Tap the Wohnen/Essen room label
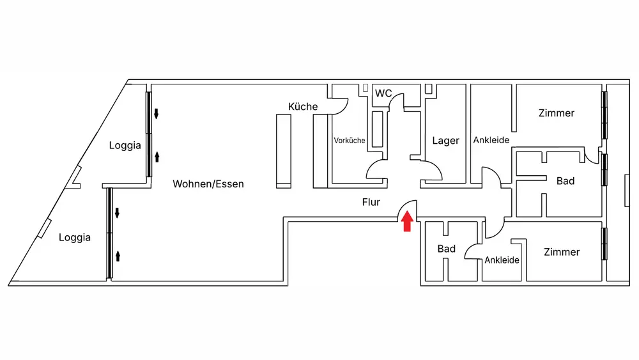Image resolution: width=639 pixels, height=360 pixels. [208, 184]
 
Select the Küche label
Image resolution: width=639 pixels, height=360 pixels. [303, 107]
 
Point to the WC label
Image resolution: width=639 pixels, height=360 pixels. [383, 93]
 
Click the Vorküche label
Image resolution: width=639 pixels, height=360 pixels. [350, 140]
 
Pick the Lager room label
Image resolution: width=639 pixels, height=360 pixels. [445, 141]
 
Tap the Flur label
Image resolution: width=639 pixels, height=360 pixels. [371, 203]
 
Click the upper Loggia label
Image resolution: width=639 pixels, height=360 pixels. [125, 145]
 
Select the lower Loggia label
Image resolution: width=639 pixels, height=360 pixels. [75, 237]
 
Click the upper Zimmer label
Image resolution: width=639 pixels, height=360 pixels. [557, 113]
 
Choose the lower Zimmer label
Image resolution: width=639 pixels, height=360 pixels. [562, 252]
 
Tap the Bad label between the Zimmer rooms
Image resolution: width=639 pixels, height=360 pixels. [566, 181]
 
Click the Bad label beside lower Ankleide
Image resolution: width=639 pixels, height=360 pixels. [447, 248]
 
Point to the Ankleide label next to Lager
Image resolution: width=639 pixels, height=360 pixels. [491, 140]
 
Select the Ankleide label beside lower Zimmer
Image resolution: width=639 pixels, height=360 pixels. [502, 260]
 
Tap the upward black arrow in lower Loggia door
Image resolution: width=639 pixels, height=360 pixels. [118, 257]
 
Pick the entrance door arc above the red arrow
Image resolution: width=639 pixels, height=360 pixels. [408, 207]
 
